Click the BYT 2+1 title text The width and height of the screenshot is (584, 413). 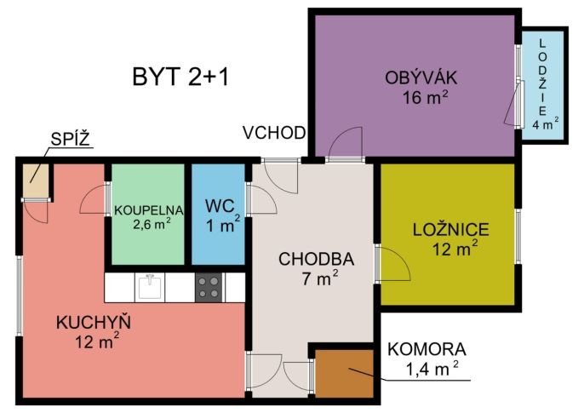tap(180, 76)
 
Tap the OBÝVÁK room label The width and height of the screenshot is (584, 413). tap(421, 78)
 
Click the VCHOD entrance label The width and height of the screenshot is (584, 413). tap(273, 132)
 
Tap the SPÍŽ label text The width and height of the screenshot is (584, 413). tap(69, 138)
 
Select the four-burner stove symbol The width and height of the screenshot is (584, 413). tap(208, 287)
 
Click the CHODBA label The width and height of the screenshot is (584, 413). tap(316, 258)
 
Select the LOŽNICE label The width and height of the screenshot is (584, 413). tap(449, 229)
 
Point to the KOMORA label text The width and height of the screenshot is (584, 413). tap(427, 350)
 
